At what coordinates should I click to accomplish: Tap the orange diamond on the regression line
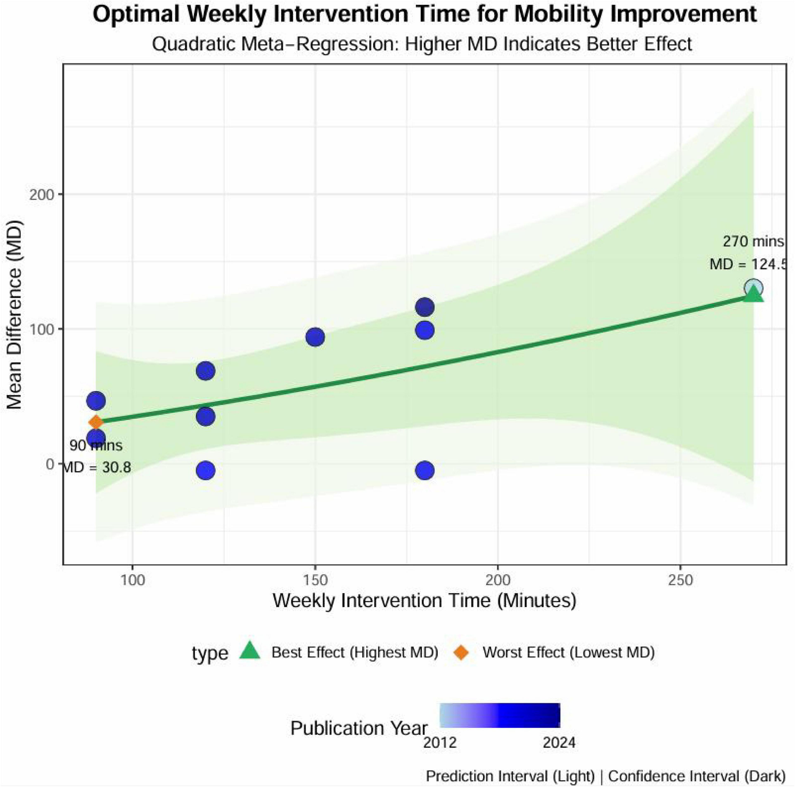tap(96, 422)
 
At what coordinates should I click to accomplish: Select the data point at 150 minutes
tap(315, 337)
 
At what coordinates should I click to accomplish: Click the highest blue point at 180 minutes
tap(425, 307)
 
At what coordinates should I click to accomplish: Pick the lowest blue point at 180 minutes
tap(425, 470)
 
